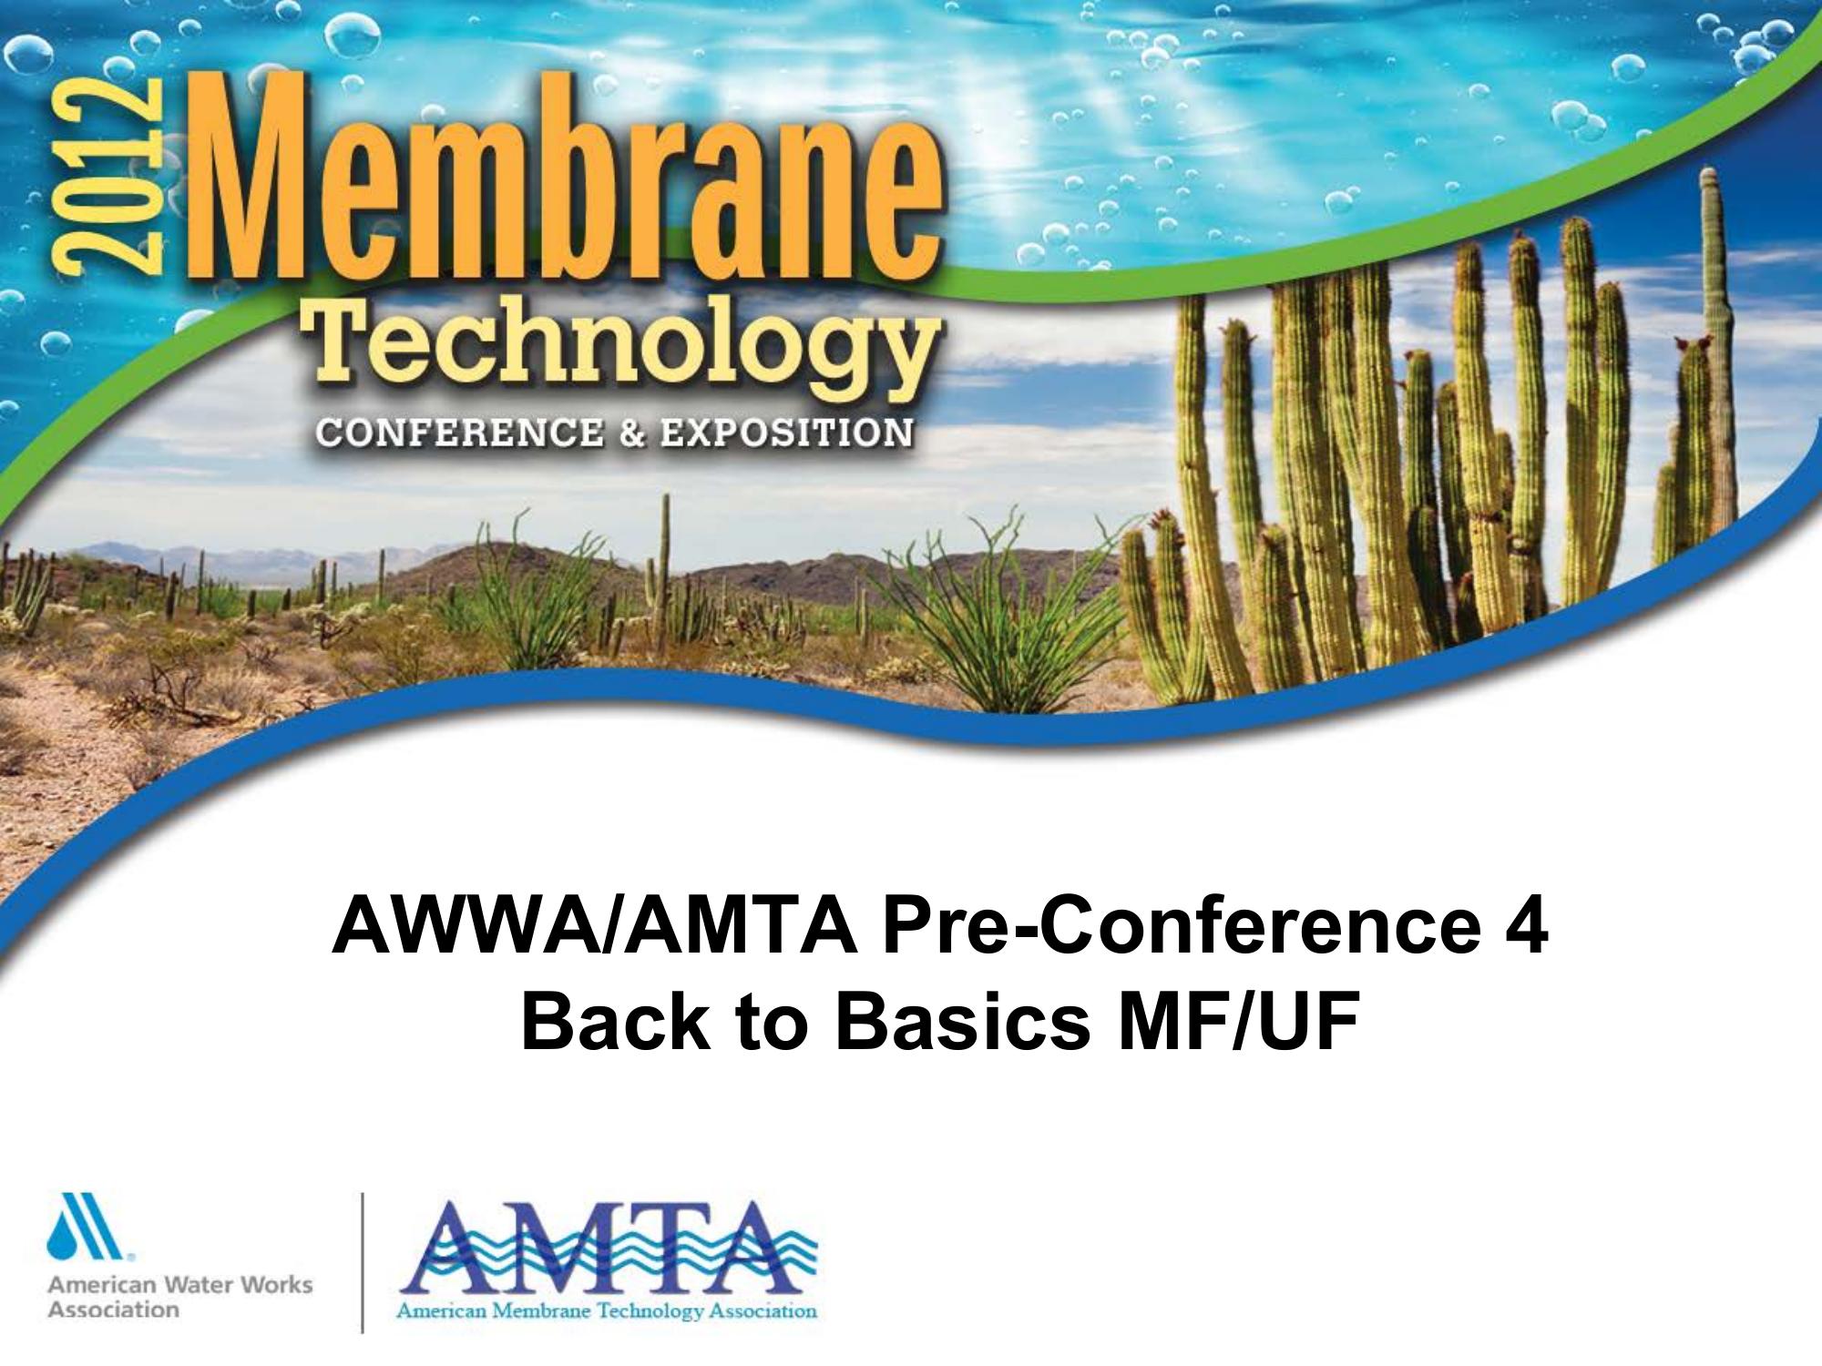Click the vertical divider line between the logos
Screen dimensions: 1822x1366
[363, 1262]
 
